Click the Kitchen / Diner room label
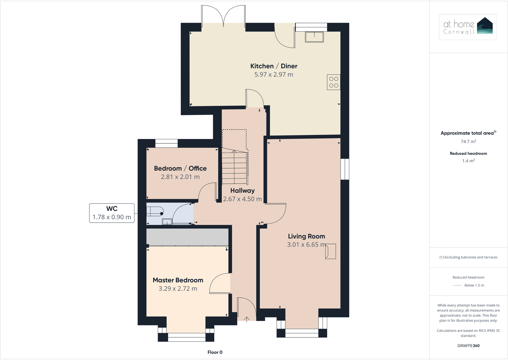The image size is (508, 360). point(273,66)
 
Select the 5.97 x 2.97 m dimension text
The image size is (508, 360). point(273,74)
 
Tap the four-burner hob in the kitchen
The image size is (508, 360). point(334,82)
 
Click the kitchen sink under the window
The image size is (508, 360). point(314,37)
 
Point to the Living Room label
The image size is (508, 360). point(306,236)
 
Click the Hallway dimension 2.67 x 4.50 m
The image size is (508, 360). point(242,199)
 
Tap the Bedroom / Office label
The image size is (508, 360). point(180,168)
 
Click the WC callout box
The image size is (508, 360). point(112,213)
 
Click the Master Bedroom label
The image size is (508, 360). point(178,280)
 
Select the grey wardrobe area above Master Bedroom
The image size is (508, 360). point(187,237)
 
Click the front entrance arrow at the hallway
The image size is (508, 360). point(247,319)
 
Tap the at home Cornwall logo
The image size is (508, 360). point(468,27)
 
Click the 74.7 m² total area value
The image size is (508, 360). point(468,142)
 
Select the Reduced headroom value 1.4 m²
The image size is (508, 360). point(468,161)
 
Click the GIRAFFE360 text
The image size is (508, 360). point(468,346)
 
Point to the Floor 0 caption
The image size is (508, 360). point(215,352)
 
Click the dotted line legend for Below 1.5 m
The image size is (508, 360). point(457,286)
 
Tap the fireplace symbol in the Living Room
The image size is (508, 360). point(330,251)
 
